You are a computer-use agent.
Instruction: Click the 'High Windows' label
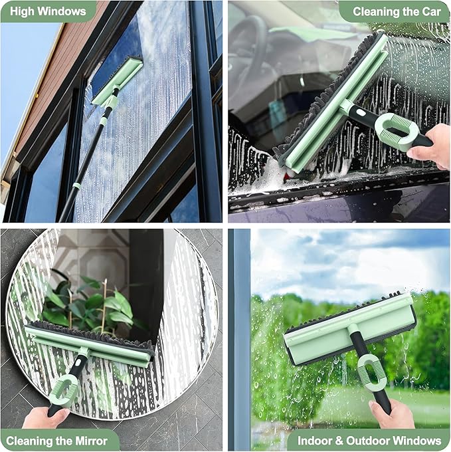tap(48, 11)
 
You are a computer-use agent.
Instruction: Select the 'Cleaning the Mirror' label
tap(58, 440)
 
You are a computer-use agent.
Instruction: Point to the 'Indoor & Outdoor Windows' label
tap(369, 440)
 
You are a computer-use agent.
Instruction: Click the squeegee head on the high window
tap(118, 81)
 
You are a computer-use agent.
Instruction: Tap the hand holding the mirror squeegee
tap(45, 417)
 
